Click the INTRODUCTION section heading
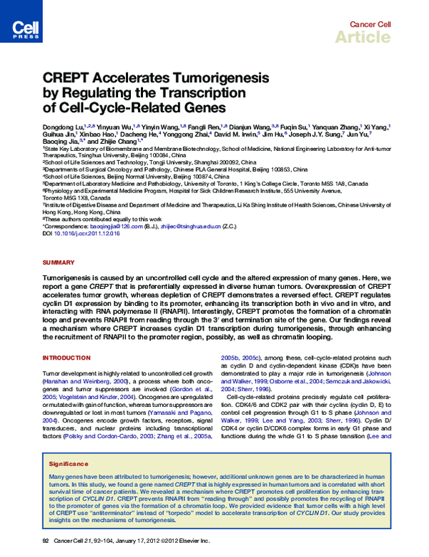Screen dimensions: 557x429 tap(66, 358)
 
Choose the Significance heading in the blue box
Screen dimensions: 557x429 tap(68, 463)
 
